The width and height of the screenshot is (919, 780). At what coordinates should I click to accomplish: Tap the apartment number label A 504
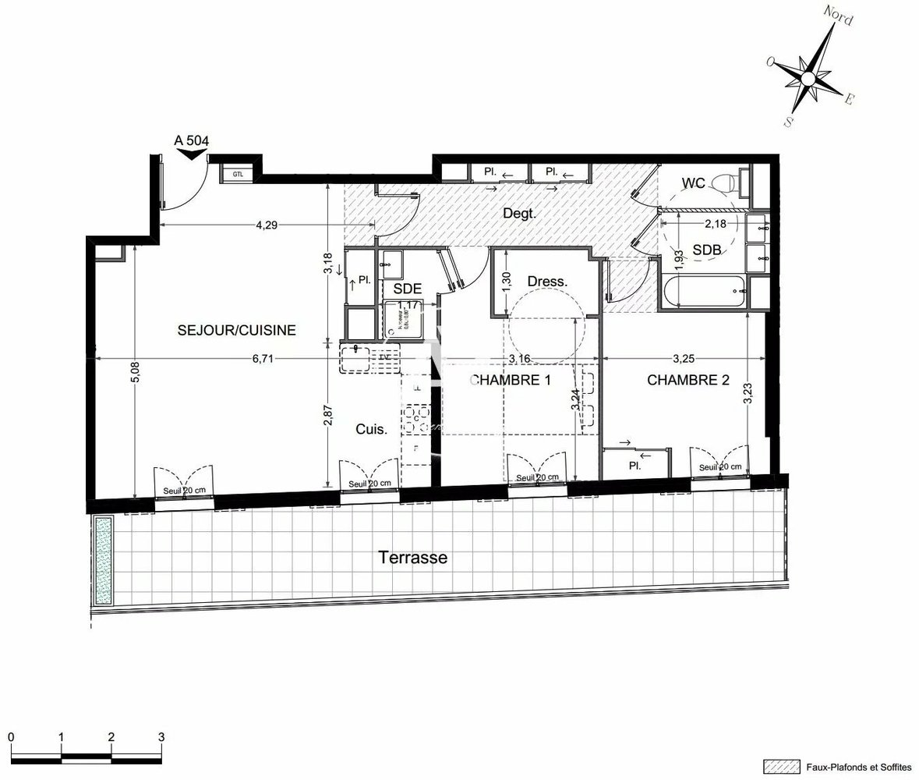click(191, 140)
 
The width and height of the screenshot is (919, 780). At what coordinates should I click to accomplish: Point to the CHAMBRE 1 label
click(510, 381)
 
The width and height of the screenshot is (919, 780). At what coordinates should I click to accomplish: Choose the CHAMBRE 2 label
click(688, 381)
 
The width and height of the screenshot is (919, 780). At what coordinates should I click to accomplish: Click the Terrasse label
click(412, 558)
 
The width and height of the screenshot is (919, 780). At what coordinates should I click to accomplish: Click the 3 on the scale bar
click(161, 736)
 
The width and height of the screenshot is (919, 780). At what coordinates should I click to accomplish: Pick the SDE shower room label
click(407, 289)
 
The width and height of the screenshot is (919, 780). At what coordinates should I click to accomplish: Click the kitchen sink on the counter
click(357, 358)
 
